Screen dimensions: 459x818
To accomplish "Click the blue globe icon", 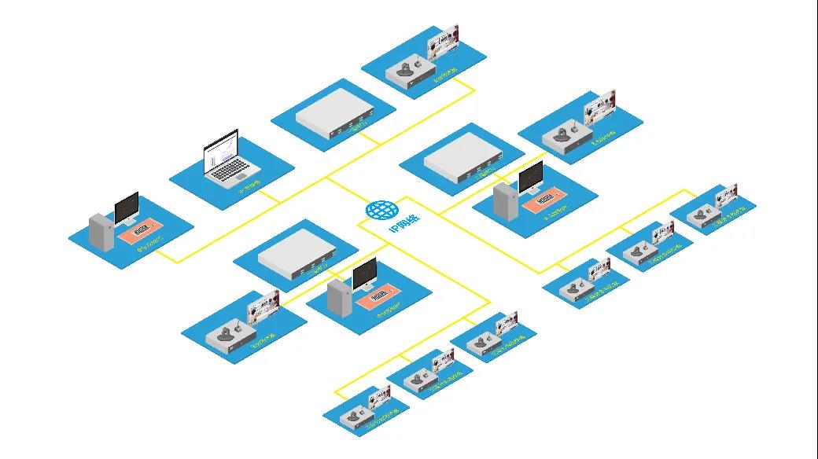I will [381, 210].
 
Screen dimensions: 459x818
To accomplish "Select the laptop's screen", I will [220, 150].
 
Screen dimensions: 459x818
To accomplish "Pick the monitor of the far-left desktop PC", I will [126, 207].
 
